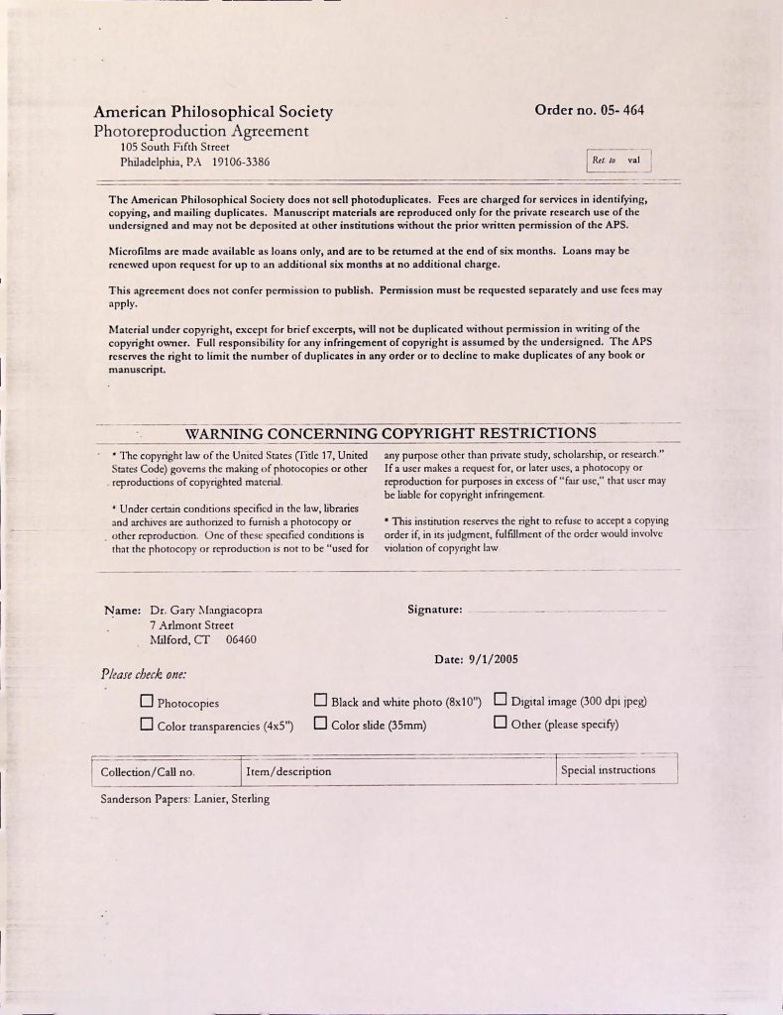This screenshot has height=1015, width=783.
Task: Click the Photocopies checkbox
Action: pos(147,703)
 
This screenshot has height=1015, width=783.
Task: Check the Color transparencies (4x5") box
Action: pos(147,725)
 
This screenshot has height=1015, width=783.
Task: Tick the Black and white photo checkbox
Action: pos(320,702)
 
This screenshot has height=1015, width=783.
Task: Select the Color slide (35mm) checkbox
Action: pos(320,724)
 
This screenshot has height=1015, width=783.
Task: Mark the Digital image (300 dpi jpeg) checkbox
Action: pos(501,701)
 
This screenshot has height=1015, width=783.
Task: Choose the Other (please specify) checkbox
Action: pos(501,723)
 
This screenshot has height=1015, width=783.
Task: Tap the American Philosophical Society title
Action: pos(213,112)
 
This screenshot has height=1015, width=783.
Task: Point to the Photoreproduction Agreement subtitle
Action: pos(201,131)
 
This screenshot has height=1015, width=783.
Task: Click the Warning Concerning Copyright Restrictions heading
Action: pos(391,433)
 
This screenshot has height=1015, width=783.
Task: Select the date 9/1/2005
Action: pos(476,659)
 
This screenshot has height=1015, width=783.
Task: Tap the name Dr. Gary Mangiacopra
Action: pos(206,610)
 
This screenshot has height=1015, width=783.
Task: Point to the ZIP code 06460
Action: pos(241,639)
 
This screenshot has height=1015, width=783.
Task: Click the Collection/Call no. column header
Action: pos(149,771)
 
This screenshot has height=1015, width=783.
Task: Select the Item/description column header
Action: pos(288,771)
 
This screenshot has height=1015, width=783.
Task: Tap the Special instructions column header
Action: pos(608,770)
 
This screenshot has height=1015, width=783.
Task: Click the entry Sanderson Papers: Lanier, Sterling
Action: pos(184,799)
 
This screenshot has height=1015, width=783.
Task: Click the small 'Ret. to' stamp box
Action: pos(618,161)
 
